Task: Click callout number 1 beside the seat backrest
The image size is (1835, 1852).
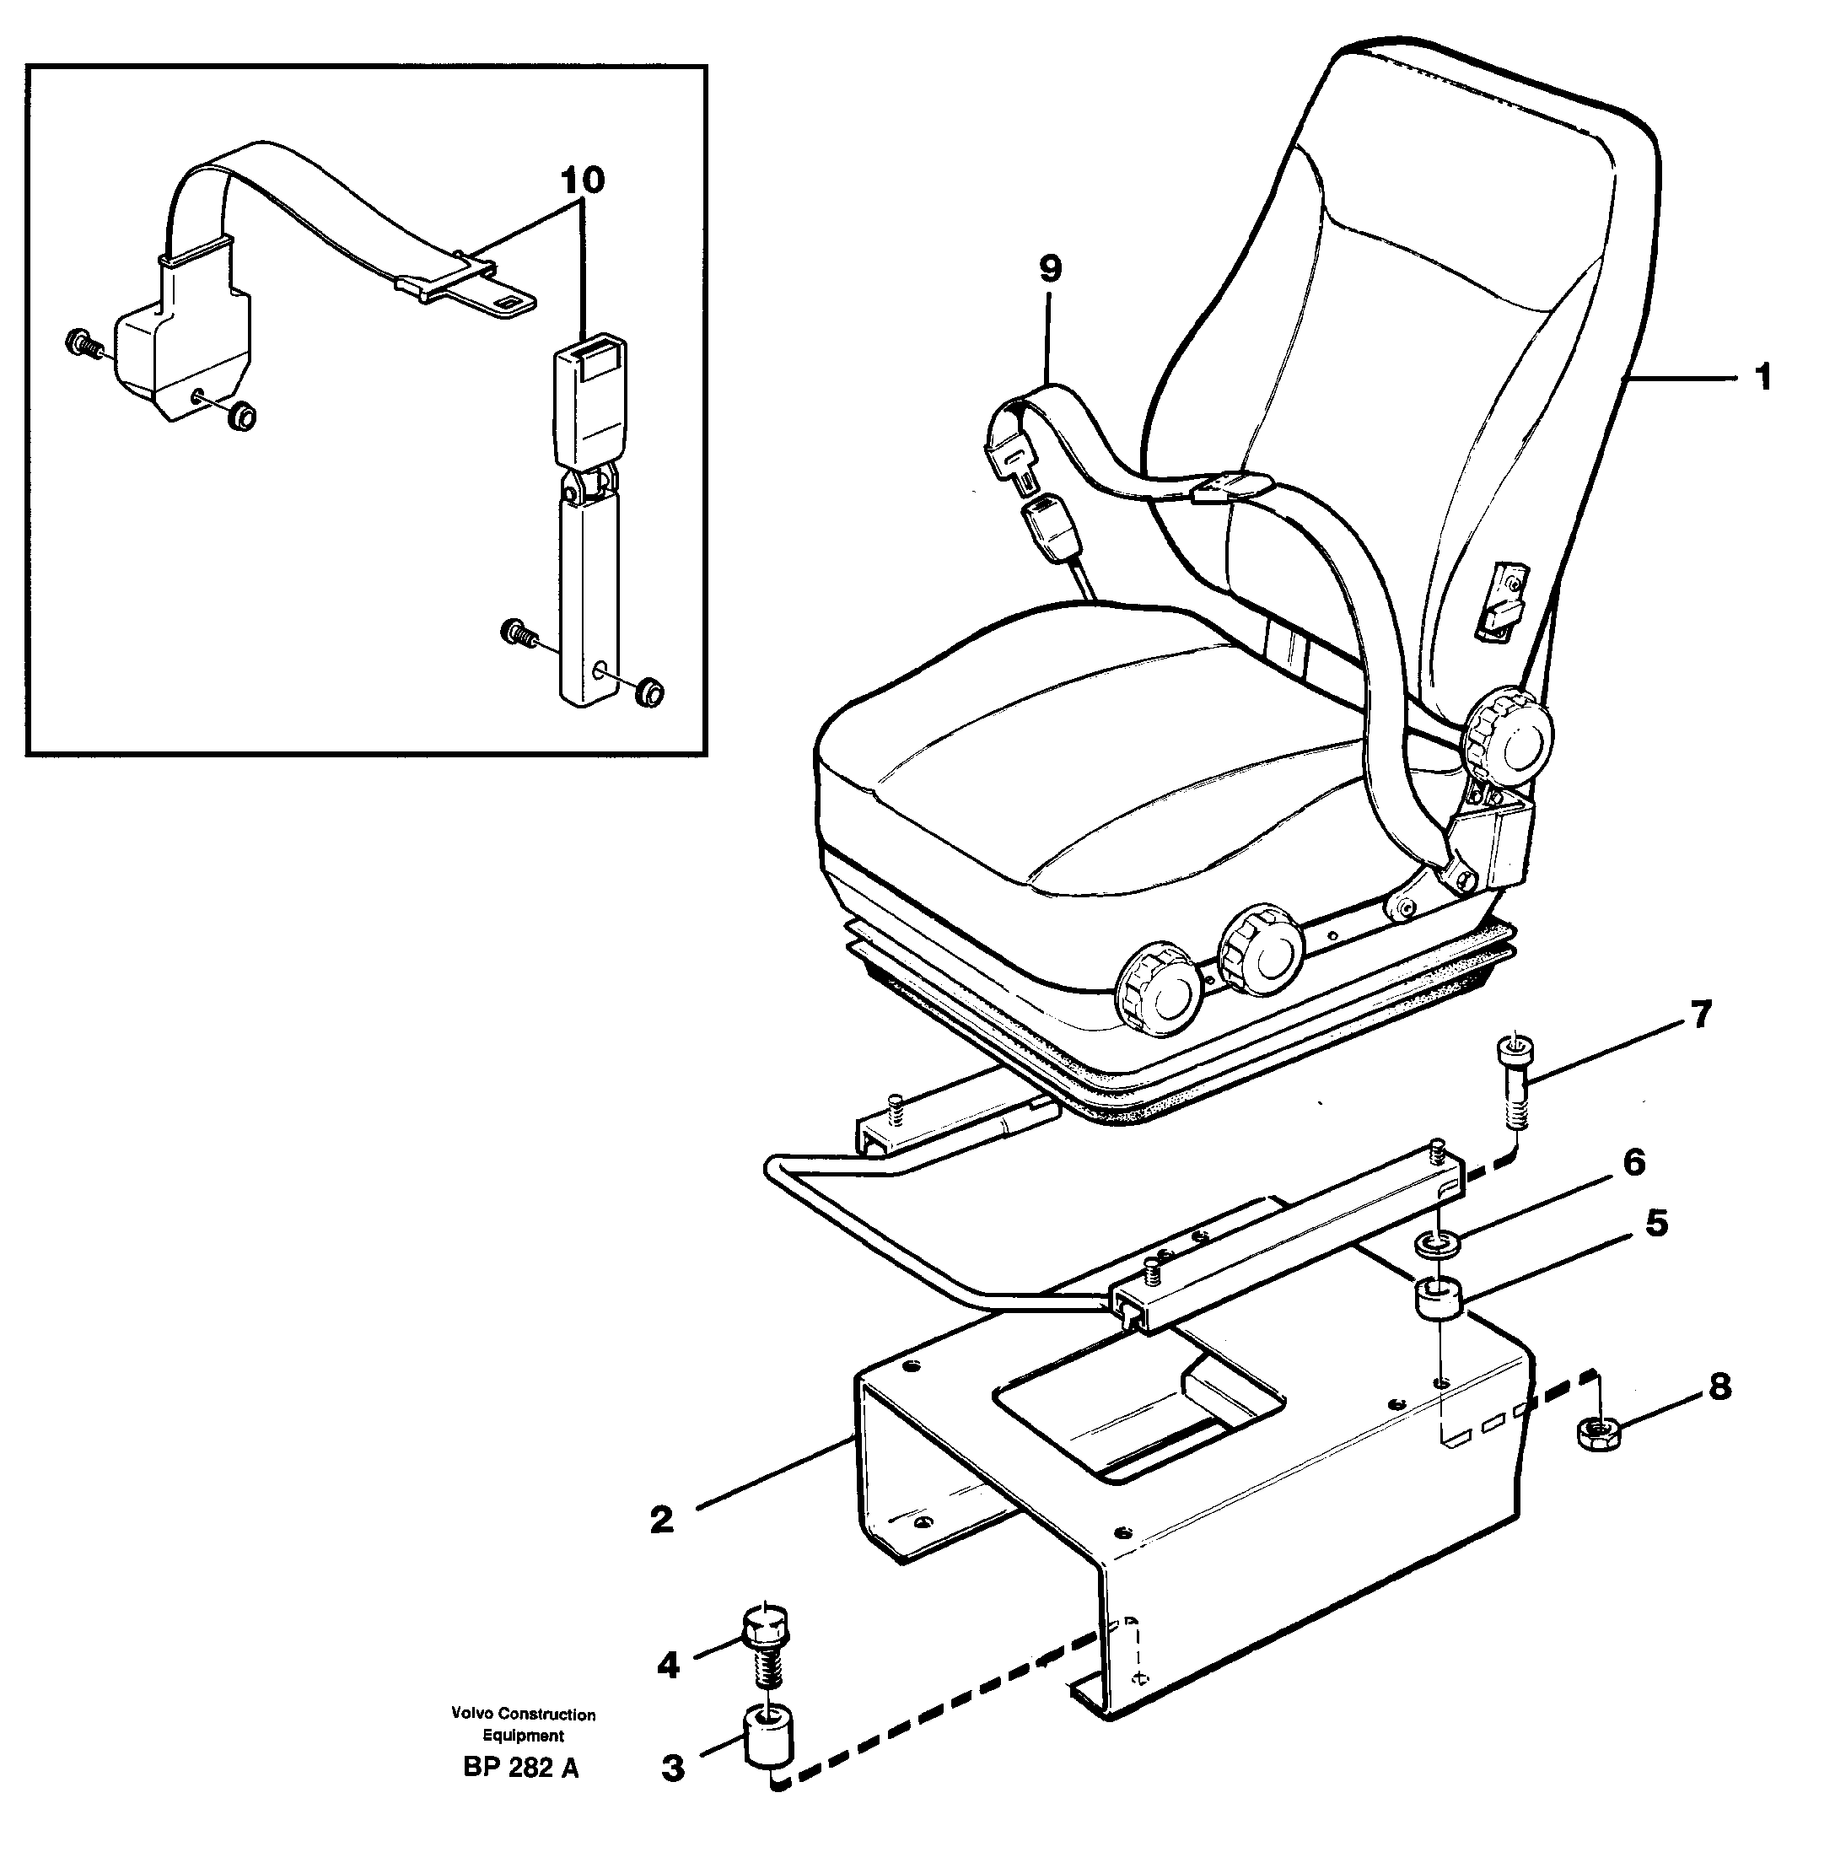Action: point(1762,379)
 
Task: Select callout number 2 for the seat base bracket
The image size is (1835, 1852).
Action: point(661,1521)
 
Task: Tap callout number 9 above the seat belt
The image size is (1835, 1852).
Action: point(1050,269)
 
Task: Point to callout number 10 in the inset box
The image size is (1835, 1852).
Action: point(583,180)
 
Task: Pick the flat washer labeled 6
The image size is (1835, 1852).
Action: point(1437,1246)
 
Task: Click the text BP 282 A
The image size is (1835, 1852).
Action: point(520,1795)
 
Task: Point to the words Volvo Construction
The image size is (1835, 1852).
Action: point(524,1714)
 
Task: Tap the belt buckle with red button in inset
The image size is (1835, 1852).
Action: point(591,384)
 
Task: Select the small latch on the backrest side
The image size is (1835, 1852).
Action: point(1499,600)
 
